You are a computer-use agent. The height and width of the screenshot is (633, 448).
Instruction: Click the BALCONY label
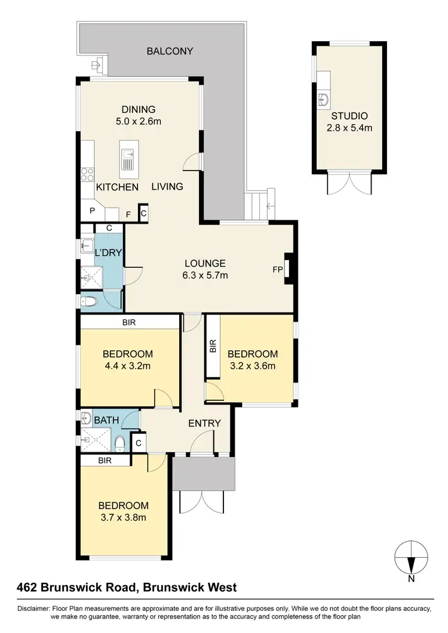click(x=170, y=51)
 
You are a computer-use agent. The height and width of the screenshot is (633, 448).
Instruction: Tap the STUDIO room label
click(x=349, y=116)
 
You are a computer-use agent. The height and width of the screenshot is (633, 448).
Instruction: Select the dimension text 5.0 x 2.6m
click(x=139, y=121)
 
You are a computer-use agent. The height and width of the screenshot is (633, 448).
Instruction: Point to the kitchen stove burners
click(x=88, y=175)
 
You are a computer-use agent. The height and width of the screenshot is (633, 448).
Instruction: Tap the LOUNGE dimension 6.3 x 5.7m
click(x=205, y=275)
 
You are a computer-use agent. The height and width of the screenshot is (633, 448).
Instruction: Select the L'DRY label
click(x=109, y=253)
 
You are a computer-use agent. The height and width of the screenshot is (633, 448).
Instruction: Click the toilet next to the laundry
click(x=88, y=301)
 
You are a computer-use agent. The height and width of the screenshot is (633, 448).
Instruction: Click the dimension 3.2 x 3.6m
click(x=252, y=366)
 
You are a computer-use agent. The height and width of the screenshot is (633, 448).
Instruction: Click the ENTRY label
click(x=204, y=424)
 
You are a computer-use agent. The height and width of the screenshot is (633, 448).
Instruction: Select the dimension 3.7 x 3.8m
click(x=123, y=517)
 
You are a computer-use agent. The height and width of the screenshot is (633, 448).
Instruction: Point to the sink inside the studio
click(x=324, y=98)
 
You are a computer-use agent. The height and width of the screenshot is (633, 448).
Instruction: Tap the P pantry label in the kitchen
click(x=93, y=211)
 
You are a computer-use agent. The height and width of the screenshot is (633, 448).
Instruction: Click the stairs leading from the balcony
click(x=260, y=204)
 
